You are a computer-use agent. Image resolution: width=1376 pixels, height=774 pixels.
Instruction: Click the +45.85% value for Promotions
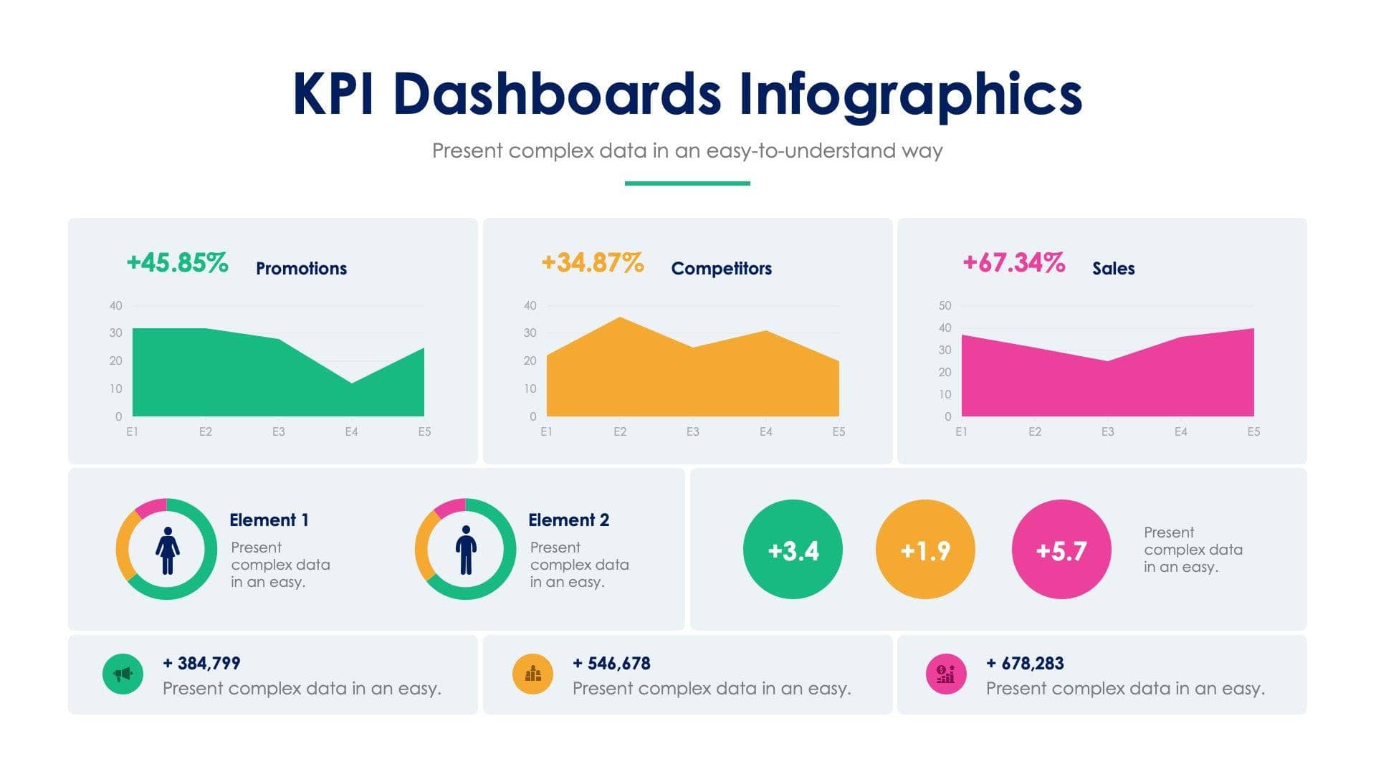click(177, 263)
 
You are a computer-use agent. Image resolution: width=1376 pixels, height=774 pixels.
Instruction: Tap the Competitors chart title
click(721, 268)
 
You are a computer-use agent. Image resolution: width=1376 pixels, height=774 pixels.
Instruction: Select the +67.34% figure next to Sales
click(1013, 263)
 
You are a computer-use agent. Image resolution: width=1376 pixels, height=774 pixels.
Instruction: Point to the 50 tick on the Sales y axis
click(945, 306)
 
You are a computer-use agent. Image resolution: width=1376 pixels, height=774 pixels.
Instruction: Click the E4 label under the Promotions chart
click(351, 432)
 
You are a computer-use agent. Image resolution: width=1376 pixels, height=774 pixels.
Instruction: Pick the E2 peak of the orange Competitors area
click(620, 320)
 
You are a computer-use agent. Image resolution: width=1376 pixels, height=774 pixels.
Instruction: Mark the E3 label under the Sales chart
click(1107, 432)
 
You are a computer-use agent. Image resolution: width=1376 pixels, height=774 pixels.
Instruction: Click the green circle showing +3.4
click(793, 550)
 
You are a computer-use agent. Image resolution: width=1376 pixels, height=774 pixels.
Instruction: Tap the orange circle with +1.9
click(925, 550)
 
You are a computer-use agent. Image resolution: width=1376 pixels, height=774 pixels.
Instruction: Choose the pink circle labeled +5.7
click(1061, 550)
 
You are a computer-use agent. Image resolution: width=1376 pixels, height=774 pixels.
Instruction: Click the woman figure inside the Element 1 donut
click(167, 550)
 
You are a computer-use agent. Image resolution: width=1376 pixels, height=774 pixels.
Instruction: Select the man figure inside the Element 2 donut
click(466, 550)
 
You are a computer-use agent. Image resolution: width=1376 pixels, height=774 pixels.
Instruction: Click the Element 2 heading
click(568, 520)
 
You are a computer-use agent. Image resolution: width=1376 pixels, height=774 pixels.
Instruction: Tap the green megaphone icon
click(123, 674)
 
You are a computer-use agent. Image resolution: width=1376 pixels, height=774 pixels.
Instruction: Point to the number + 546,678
click(611, 664)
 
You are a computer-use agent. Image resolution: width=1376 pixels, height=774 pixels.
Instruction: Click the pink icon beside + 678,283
click(945, 674)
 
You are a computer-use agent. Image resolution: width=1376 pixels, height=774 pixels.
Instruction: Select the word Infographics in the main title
click(909, 95)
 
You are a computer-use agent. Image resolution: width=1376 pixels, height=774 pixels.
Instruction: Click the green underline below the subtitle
click(687, 183)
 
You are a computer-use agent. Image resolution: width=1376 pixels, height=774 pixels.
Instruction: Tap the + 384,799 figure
click(201, 664)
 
